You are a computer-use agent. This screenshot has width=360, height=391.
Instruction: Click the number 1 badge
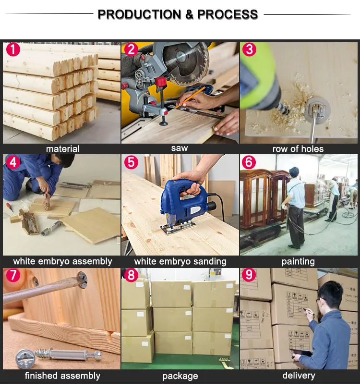point(13,49)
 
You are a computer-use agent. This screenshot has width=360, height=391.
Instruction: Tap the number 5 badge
point(131,162)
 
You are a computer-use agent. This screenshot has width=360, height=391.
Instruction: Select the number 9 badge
point(249,274)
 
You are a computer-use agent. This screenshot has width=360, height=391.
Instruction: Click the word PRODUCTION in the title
point(140,14)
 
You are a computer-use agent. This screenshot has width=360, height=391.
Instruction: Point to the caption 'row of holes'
point(298,149)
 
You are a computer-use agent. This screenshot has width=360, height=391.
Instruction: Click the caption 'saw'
point(180,148)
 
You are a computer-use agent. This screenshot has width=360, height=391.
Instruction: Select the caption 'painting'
point(298,262)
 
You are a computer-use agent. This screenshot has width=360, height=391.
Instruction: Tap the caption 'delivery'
point(299,375)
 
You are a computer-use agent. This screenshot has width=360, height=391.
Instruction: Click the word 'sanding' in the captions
point(210,262)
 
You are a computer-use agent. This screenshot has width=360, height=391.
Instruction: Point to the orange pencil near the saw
point(190,98)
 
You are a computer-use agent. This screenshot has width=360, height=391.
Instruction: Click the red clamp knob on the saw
point(161,81)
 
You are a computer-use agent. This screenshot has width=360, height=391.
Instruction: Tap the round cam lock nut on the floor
point(25,358)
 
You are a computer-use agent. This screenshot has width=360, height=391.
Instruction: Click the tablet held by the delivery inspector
point(301,353)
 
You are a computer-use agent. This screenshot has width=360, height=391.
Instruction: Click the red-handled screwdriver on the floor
point(10,208)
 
